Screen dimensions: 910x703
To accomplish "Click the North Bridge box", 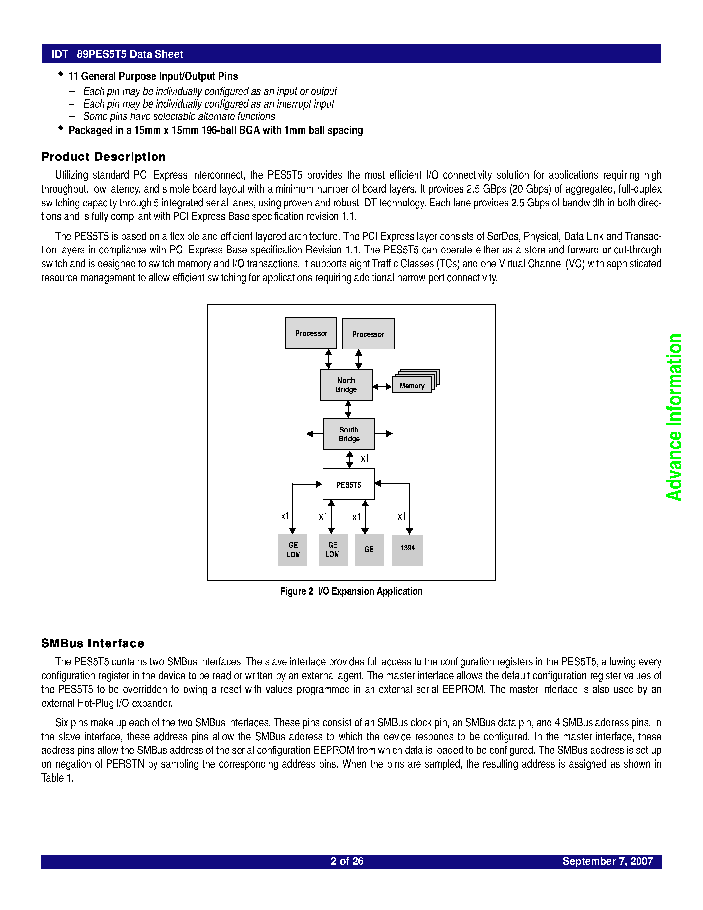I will click(x=346, y=385).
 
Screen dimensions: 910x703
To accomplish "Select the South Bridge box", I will click(x=349, y=434).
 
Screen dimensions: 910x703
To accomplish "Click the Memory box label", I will click(x=412, y=386).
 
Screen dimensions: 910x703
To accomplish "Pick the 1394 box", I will click(x=407, y=550).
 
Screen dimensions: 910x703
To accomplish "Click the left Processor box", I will click(x=311, y=333).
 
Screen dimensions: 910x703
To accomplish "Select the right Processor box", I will click(x=368, y=334).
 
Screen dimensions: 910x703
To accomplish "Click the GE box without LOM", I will click(x=369, y=550).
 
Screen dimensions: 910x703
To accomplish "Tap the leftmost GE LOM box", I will click(x=293, y=550).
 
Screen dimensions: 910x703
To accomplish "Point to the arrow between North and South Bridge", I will click(x=348, y=409).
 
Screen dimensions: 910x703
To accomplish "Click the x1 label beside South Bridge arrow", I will click(x=365, y=458).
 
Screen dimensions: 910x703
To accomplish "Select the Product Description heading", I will click(x=104, y=157).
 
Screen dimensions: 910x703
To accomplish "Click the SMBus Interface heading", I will click(x=93, y=643).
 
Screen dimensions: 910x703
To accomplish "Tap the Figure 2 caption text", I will click(x=351, y=591).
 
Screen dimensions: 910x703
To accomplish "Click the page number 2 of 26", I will click(x=347, y=861).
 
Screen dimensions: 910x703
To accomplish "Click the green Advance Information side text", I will click(x=674, y=417).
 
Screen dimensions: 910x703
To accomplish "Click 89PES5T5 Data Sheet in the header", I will click(x=130, y=54).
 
